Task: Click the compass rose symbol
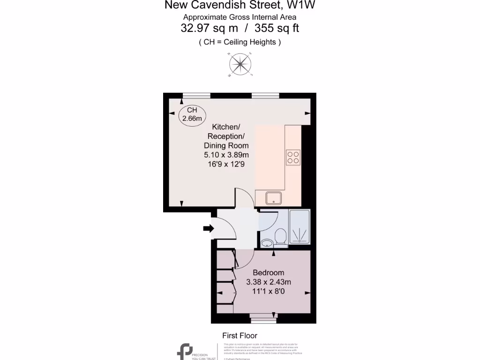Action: click(240, 65)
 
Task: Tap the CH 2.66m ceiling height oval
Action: click(192, 114)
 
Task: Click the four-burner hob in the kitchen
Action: click(293, 157)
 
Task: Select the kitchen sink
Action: click(273, 198)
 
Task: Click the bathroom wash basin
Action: click(267, 242)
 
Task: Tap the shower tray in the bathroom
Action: click(300, 227)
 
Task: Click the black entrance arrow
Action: click(208, 228)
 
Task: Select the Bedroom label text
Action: click(268, 273)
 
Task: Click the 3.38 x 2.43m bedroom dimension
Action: click(268, 282)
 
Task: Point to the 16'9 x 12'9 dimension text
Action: click(226, 164)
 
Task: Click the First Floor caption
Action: click(240, 336)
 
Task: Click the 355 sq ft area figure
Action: click(277, 28)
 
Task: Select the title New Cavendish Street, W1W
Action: click(240, 6)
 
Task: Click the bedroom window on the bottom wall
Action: click(263, 319)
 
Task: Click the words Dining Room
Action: click(226, 146)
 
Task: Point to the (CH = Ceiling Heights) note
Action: click(240, 42)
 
